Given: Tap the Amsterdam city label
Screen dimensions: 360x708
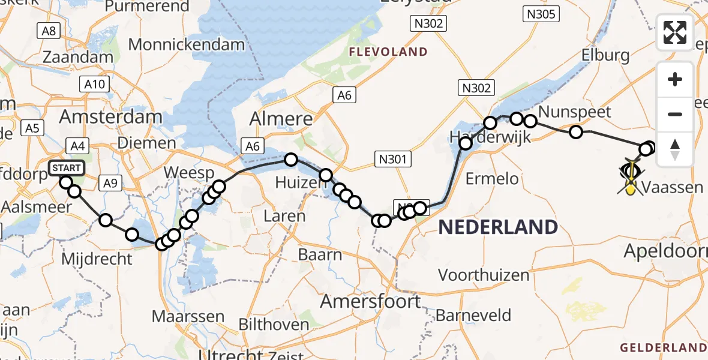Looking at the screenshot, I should (110, 117).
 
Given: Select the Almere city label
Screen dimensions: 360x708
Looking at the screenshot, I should (281, 118).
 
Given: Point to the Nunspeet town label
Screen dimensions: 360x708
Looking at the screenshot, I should (574, 112).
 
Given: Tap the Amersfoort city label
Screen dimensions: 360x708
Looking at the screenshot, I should (370, 301).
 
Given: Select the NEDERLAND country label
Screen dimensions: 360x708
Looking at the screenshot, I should (498, 227).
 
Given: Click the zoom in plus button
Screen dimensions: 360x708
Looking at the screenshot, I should (675, 80).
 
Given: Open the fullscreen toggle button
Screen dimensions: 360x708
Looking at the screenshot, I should (675, 32).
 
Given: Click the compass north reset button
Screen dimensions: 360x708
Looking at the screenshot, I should (675, 149).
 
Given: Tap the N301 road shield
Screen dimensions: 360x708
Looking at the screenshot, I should (393, 159).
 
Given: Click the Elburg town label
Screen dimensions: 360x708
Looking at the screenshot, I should (605, 56).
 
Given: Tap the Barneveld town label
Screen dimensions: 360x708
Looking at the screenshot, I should (473, 315).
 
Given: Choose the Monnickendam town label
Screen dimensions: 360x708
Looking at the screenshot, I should (187, 44).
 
